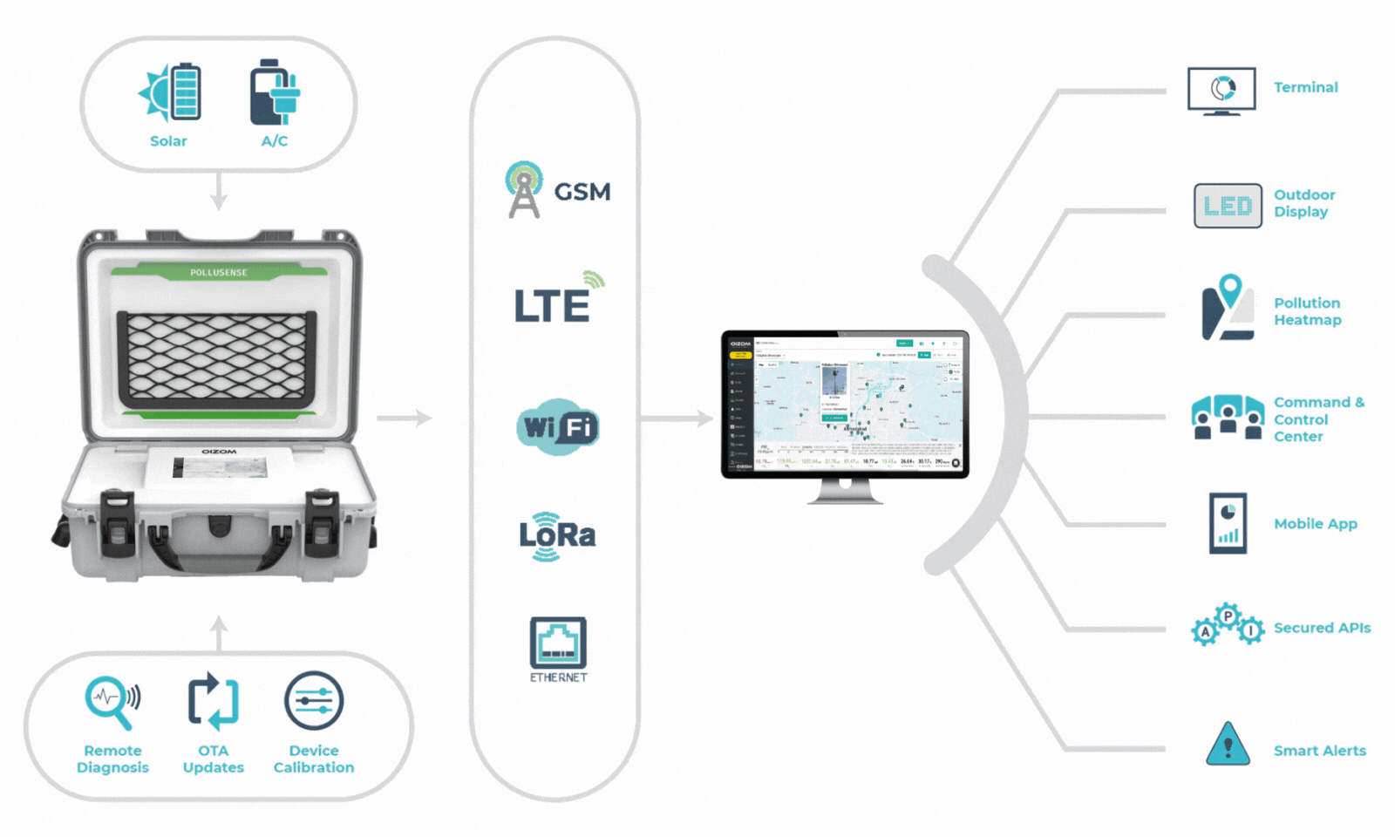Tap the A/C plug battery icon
[274, 93]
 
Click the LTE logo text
[553, 305]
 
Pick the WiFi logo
[558, 427]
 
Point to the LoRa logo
[557, 535]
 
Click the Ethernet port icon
[558, 643]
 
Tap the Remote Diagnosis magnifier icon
[111, 700]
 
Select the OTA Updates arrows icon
[213, 700]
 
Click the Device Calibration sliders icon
[314, 700]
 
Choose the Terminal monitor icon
[1221, 91]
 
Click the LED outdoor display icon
[1228, 206]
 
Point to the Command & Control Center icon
[1228, 417]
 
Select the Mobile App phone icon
[1228, 523]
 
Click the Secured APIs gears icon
[1228, 625]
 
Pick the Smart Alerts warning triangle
[1228, 745]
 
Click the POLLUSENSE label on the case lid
[219, 273]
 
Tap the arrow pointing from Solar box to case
[219, 192]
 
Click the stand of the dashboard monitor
[845, 492]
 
